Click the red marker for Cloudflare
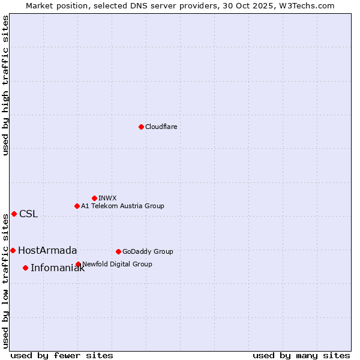141,127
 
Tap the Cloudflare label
161,127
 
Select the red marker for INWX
94,198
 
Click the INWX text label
107,199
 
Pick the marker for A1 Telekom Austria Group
77,206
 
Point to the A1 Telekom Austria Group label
122,206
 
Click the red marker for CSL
14,214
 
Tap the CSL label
28,214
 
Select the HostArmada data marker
13,250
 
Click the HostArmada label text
47,251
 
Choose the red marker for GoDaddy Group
118,251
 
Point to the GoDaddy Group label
148,252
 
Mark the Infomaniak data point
25,268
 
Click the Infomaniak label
58,268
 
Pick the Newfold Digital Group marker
78,264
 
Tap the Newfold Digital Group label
117,265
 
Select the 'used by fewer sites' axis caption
62,356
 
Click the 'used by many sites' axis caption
301,356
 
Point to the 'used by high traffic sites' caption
6,85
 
